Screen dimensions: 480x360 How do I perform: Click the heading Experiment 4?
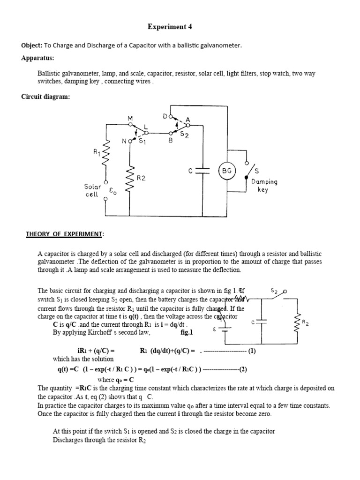pyautogui.click(x=170, y=27)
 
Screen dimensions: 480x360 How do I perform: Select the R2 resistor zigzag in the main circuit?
pyautogui.click(x=131, y=178)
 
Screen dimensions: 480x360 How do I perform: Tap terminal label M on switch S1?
pyautogui.click(x=130, y=119)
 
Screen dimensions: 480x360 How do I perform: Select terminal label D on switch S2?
pyautogui.click(x=165, y=115)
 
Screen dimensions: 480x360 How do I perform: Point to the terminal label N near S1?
pyautogui.click(x=125, y=140)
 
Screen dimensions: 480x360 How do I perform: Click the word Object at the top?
pyautogui.click(x=31, y=45)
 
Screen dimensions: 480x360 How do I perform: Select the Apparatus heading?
pyautogui.click(x=37, y=58)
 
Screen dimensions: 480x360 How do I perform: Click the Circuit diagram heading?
pyautogui.click(x=45, y=97)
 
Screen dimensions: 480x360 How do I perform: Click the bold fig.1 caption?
pyautogui.click(x=187, y=332)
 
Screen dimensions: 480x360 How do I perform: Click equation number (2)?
pyautogui.click(x=243, y=369)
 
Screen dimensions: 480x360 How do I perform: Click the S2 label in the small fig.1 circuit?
pyautogui.click(x=275, y=291)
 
